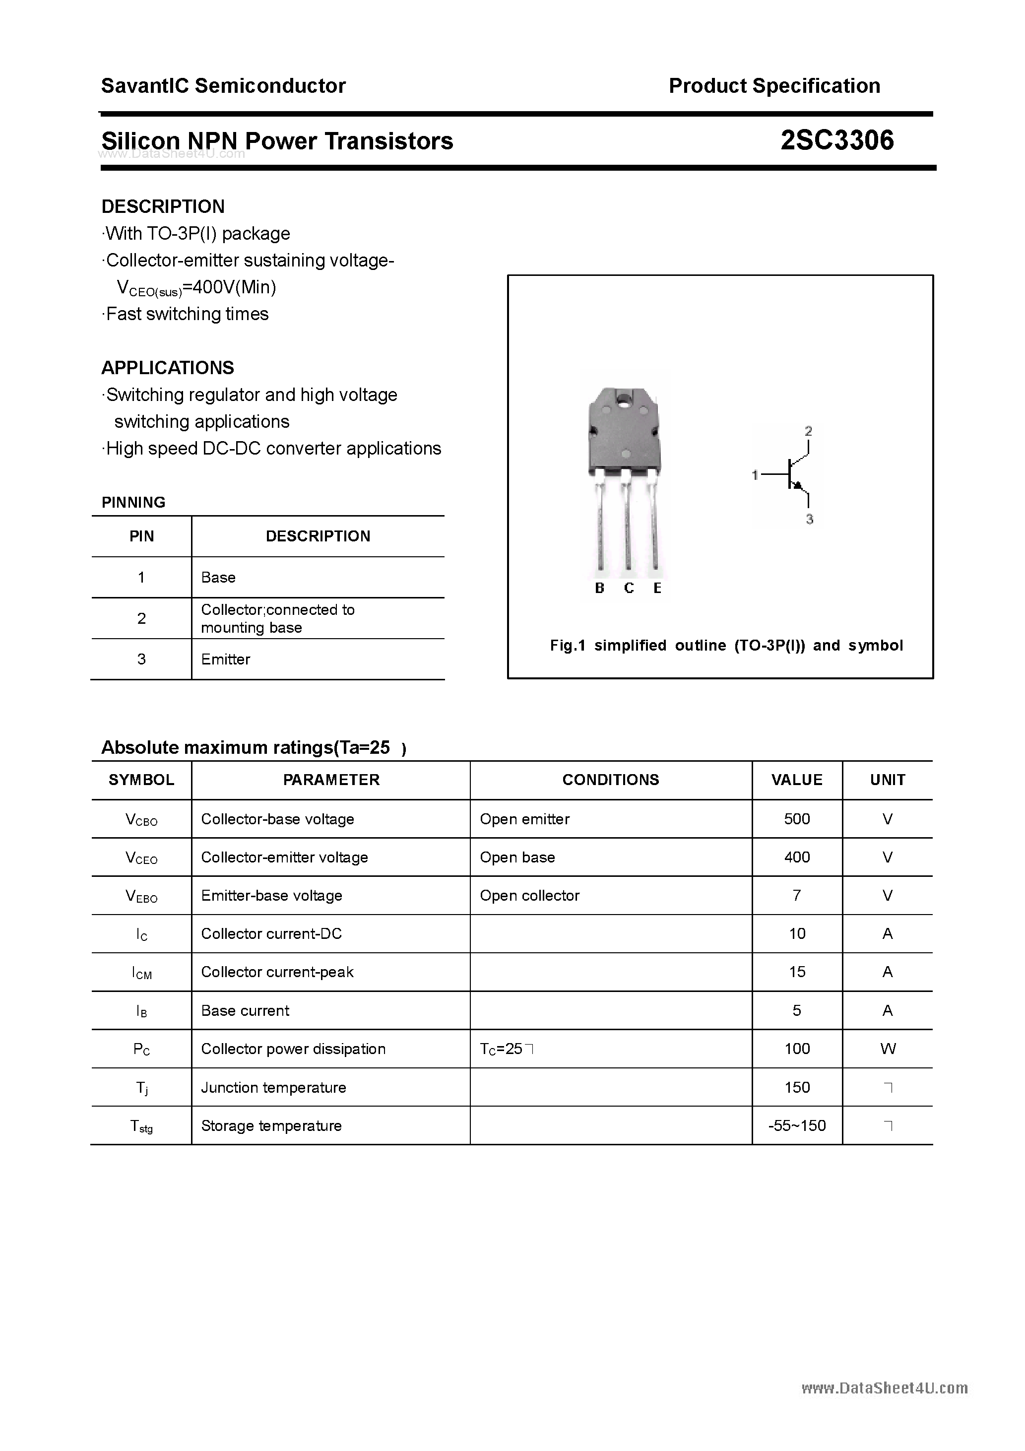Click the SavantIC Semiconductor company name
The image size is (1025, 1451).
click(223, 86)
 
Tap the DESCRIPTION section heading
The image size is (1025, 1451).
click(163, 206)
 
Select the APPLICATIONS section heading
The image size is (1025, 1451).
click(168, 368)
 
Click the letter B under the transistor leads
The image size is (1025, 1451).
click(600, 589)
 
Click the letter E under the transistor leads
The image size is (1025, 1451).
click(657, 589)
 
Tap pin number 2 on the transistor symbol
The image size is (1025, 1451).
click(808, 431)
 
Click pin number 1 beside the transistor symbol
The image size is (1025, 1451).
click(755, 474)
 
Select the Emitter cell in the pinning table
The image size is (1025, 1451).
click(226, 659)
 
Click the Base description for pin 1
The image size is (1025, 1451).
click(218, 578)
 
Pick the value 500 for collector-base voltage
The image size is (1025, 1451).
click(796, 819)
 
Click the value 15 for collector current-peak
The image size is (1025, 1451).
click(796, 972)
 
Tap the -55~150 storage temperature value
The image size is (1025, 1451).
click(796, 1125)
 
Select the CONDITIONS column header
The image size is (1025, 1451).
click(610, 780)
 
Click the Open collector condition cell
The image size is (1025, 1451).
click(529, 896)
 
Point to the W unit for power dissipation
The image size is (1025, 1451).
click(887, 1049)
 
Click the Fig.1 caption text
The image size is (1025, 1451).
click(726, 645)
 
